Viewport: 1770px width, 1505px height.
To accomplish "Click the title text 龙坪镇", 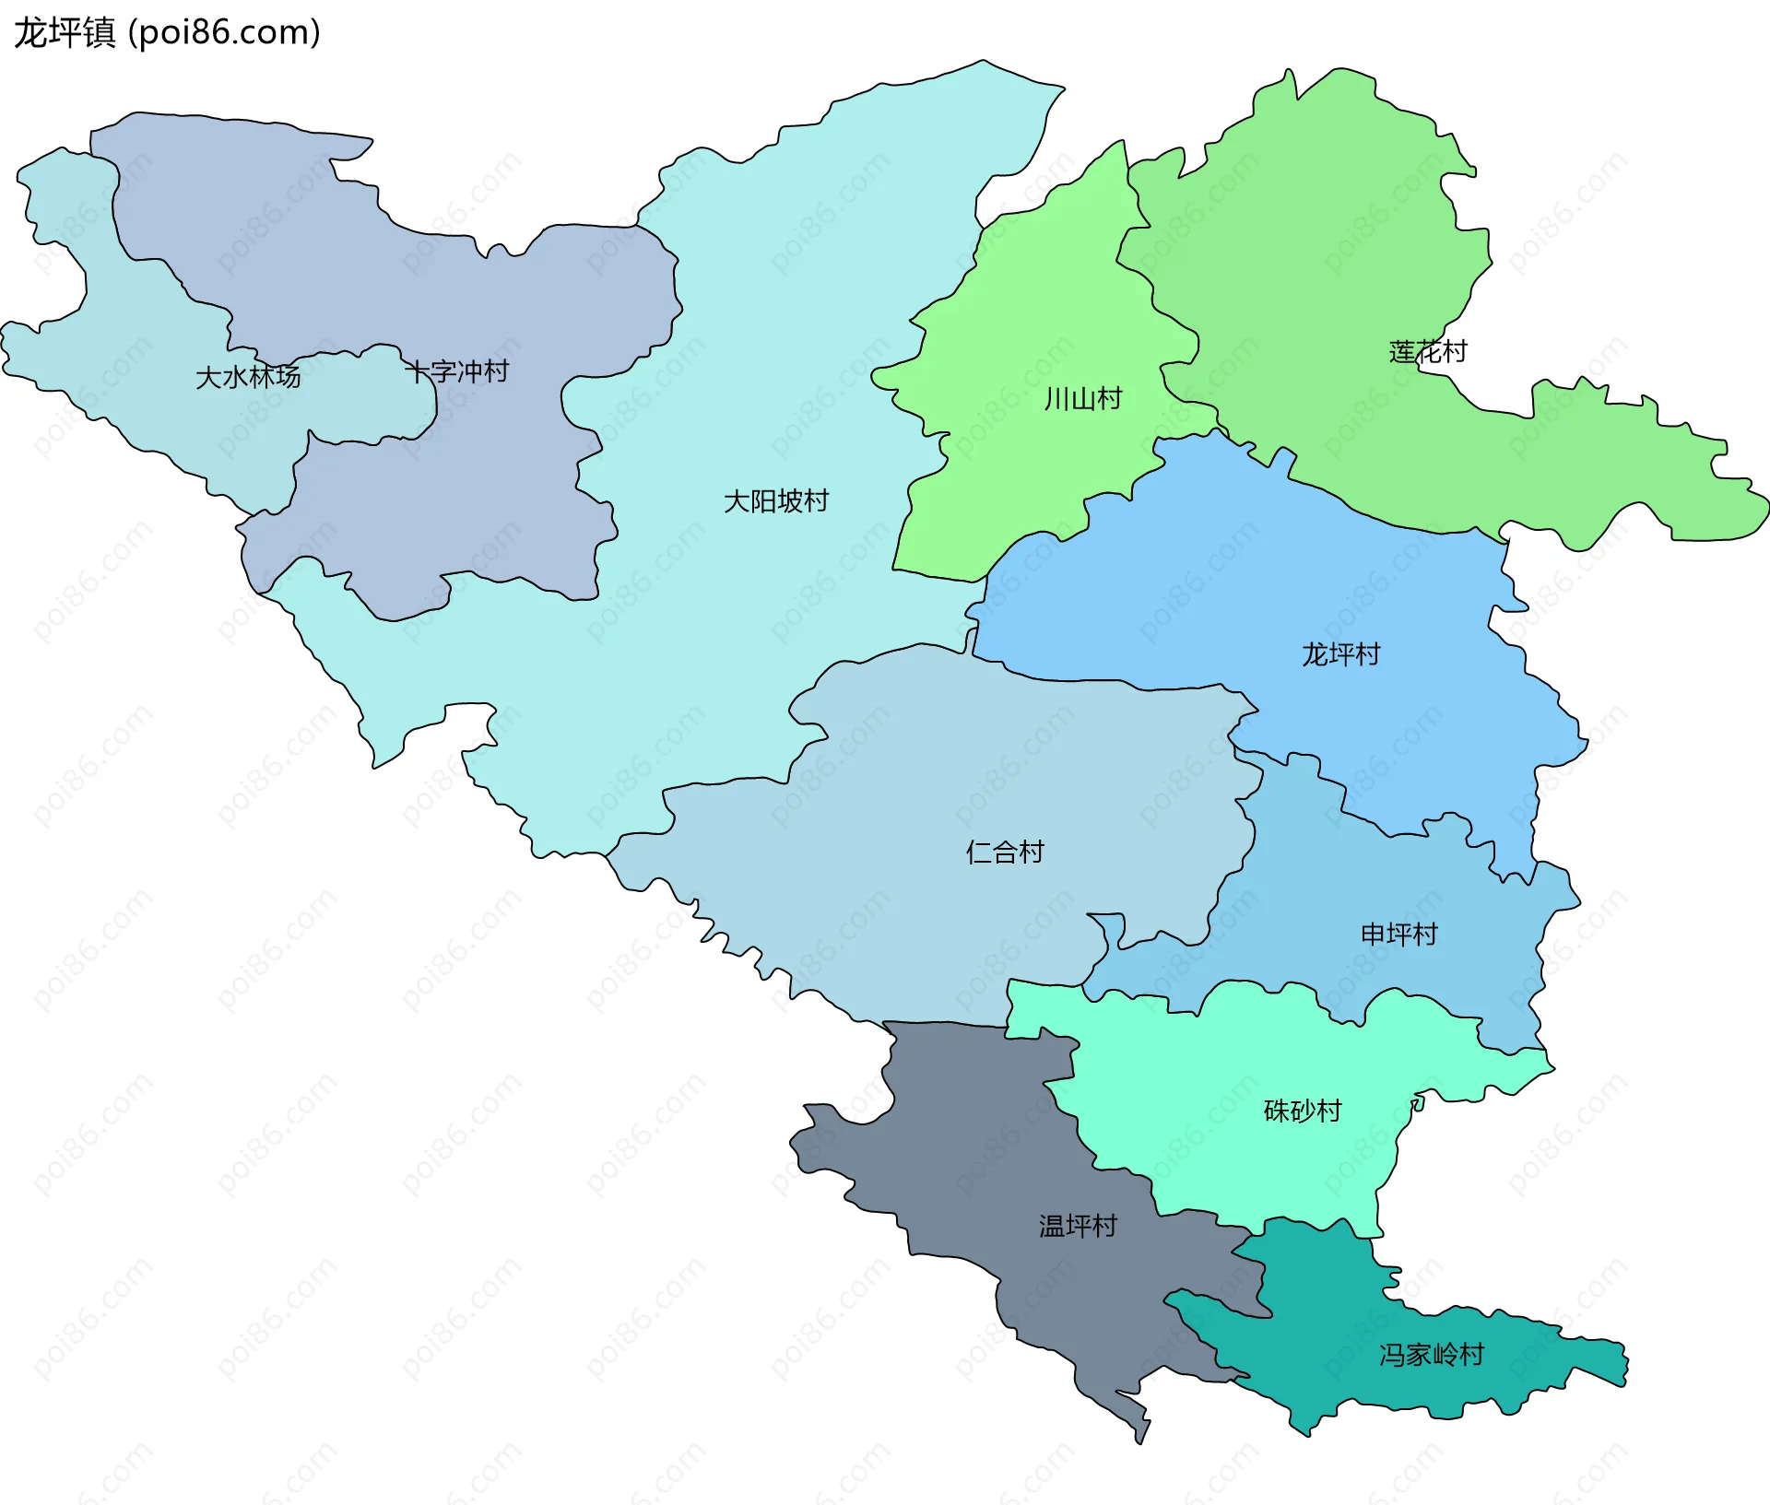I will point(65,33).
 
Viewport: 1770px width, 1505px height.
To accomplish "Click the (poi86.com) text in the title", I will point(224,33).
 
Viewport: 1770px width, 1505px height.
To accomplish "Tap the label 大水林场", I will point(248,377).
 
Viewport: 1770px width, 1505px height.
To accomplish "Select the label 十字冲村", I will point(457,371).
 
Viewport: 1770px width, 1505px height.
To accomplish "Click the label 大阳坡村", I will point(776,501).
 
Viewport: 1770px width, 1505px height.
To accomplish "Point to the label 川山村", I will point(1083,399).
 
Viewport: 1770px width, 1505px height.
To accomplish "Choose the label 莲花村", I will point(1427,351).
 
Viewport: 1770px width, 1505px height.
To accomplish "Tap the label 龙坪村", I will point(1340,654).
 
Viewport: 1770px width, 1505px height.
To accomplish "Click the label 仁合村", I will point(1005,852).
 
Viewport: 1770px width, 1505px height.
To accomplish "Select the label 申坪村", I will point(1398,935).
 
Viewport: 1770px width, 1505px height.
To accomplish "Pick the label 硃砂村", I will point(1302,1111).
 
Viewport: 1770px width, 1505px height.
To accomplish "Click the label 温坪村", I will point(1078,1226).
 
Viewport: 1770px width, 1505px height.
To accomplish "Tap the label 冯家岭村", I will point(1432,1355).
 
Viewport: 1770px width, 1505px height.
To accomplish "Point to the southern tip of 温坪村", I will point(1140,1439).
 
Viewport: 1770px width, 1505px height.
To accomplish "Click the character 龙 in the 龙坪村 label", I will point(1315,654).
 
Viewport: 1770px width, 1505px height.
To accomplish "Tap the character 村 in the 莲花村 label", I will point(1454,351).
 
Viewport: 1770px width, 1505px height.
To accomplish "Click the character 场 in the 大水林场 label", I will point(288,377).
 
